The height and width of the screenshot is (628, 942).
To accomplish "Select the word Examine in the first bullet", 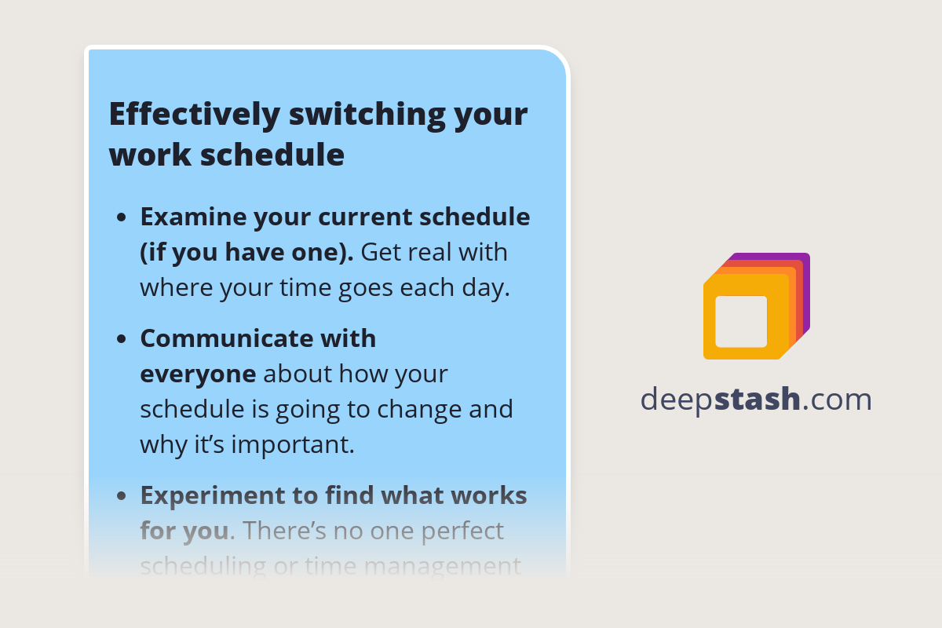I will click(192, 217).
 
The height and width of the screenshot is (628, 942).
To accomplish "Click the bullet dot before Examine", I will click(121, 217).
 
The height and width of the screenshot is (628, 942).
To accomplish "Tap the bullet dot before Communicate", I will click(121, 339).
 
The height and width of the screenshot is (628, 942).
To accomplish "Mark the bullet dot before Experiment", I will click(121, 496).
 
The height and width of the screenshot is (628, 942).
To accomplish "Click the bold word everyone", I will click(198, 374).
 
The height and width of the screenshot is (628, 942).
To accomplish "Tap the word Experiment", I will click(217, 495).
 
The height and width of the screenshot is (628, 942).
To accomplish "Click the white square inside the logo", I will click(741, 321).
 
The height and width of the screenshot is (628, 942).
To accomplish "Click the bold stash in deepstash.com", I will click(758, 400).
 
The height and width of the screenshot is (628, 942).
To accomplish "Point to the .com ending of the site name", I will click(838, 400).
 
